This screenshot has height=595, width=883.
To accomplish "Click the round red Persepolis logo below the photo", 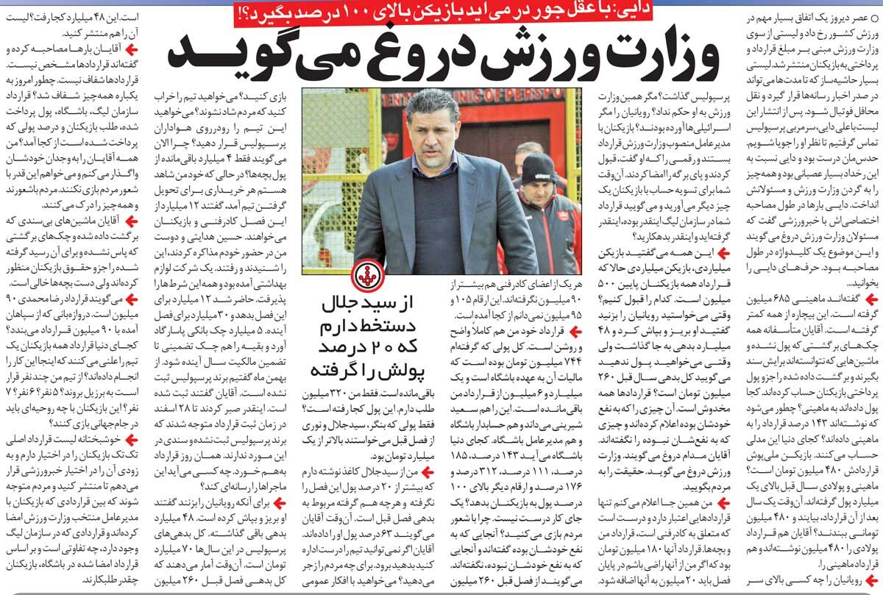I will pos(366,277).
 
